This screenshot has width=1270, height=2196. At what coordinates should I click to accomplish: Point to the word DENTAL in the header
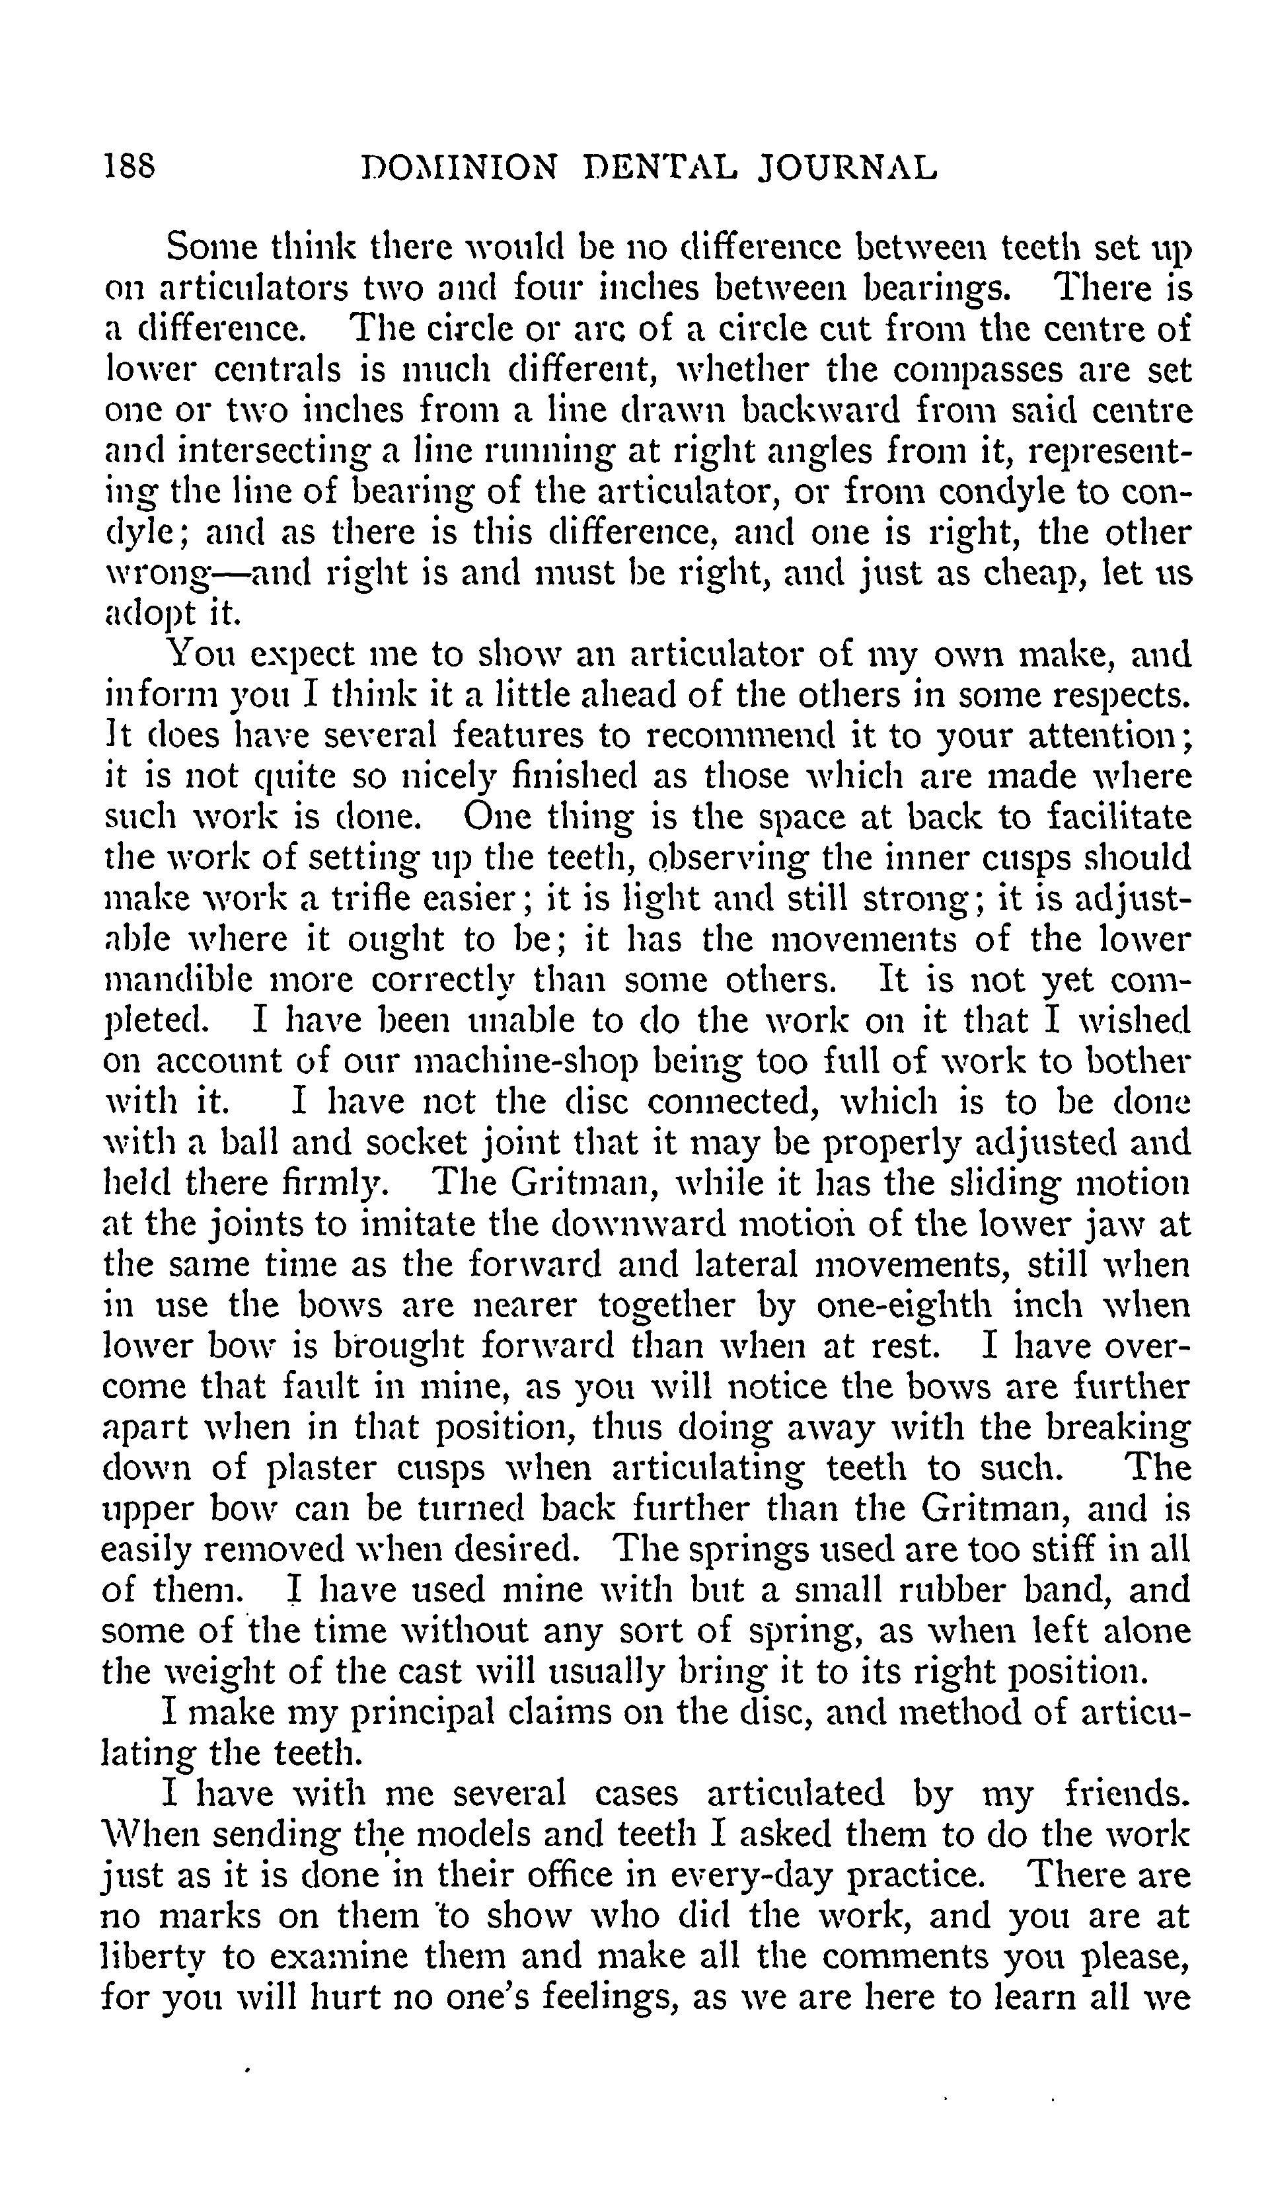click(659, 167)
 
